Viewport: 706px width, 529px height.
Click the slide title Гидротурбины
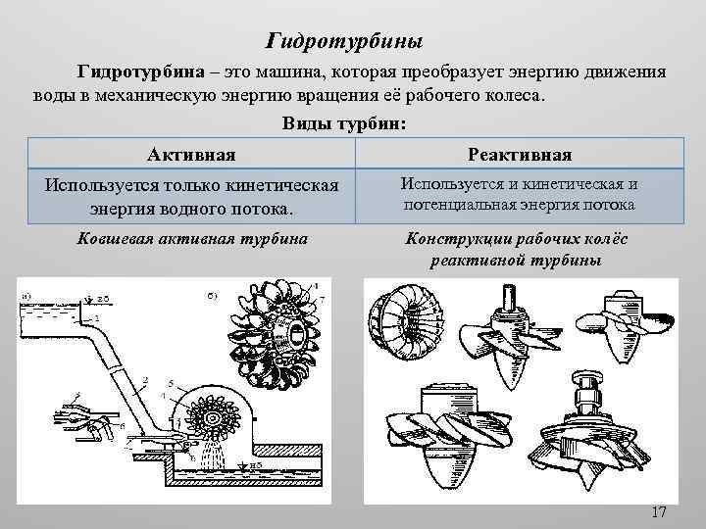(345, 42)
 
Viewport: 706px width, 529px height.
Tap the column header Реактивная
(520, 154)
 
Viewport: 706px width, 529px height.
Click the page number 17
(658, 512)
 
